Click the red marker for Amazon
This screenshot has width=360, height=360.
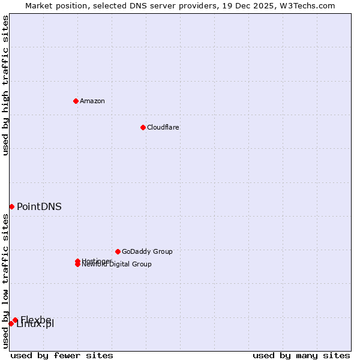[x=76, y=101]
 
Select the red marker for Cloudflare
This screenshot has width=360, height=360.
[x=143, y=127]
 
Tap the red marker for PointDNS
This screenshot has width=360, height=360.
[x=11, y=206]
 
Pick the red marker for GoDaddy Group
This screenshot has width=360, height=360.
[x=118, y=251]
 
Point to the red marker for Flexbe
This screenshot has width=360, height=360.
[x=15, y=320]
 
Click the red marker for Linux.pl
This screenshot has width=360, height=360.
[x=11, y=323]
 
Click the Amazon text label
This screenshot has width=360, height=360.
[x=92, y=101]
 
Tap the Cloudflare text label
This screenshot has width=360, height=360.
[x=163, y=127]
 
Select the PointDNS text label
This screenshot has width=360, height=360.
[x=39, y=207]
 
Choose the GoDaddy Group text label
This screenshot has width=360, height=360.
[x=147, y=251]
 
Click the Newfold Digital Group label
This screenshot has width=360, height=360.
[x=117, y=265]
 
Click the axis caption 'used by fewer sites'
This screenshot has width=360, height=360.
[x=62, y=355]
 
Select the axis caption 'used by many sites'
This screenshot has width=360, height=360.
[x=301, y=355]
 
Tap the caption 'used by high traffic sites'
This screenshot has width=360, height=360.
[x=5, y=85]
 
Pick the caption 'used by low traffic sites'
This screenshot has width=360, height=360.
[x=5, y=281]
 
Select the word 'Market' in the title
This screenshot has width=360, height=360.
[x=39, y=5]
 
